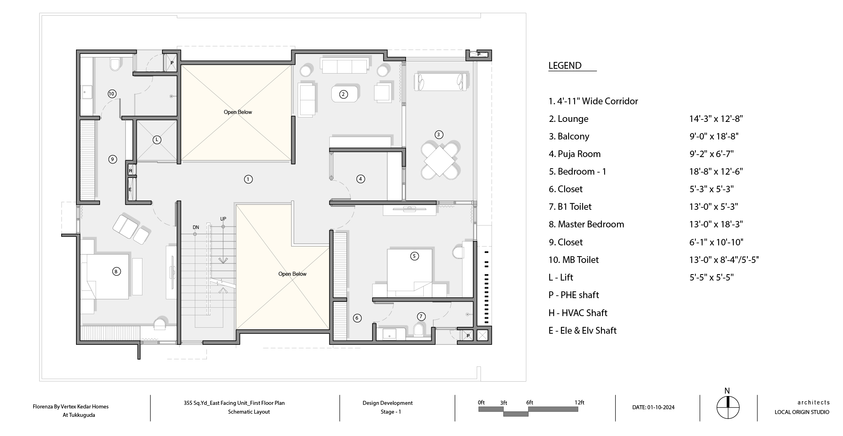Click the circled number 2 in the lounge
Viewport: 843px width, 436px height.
tap(343, 94)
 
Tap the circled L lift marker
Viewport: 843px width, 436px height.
tap(157, 140)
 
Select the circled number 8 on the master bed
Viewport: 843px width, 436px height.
tap(116, 272)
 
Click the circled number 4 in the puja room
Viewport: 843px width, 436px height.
tap(360, 179)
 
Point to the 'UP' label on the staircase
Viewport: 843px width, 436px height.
tap(223, 219)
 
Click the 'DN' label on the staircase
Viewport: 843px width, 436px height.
tap(196, 227)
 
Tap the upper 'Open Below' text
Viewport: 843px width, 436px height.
tap(238, 112)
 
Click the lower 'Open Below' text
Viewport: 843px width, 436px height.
tap(292, 274)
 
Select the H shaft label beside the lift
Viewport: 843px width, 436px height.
tap(130, 171)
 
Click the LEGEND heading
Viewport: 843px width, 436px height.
tap(565, 66)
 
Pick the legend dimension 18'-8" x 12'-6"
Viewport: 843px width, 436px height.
tap(716, 171)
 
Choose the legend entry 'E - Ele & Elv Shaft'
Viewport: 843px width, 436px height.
tap(583, 330)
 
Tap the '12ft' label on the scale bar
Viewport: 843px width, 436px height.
tap(579, 402)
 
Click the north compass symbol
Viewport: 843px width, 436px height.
tap(728, 408)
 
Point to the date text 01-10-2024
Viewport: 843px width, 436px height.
tap(661, 408)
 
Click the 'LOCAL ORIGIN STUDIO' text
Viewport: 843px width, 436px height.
tap(802, 412)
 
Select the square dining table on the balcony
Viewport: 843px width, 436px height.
tap(439, 161)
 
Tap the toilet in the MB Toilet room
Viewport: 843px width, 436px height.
tap(115, 64)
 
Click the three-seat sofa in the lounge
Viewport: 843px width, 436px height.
tap(344, 66)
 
